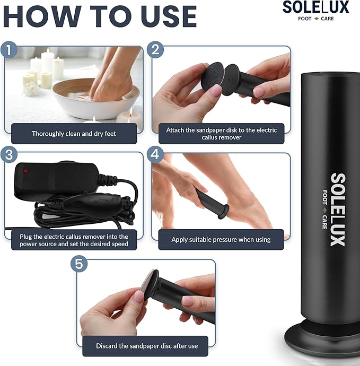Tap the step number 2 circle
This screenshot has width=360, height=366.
(x=155, y=50)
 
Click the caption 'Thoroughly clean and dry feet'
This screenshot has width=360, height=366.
(x=74, y=134)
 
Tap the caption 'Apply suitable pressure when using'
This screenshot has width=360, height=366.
(x=221, y=240)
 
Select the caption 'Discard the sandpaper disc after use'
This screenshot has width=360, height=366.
(x=147, y=346)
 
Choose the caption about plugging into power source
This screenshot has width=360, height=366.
(x=74, y=240)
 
